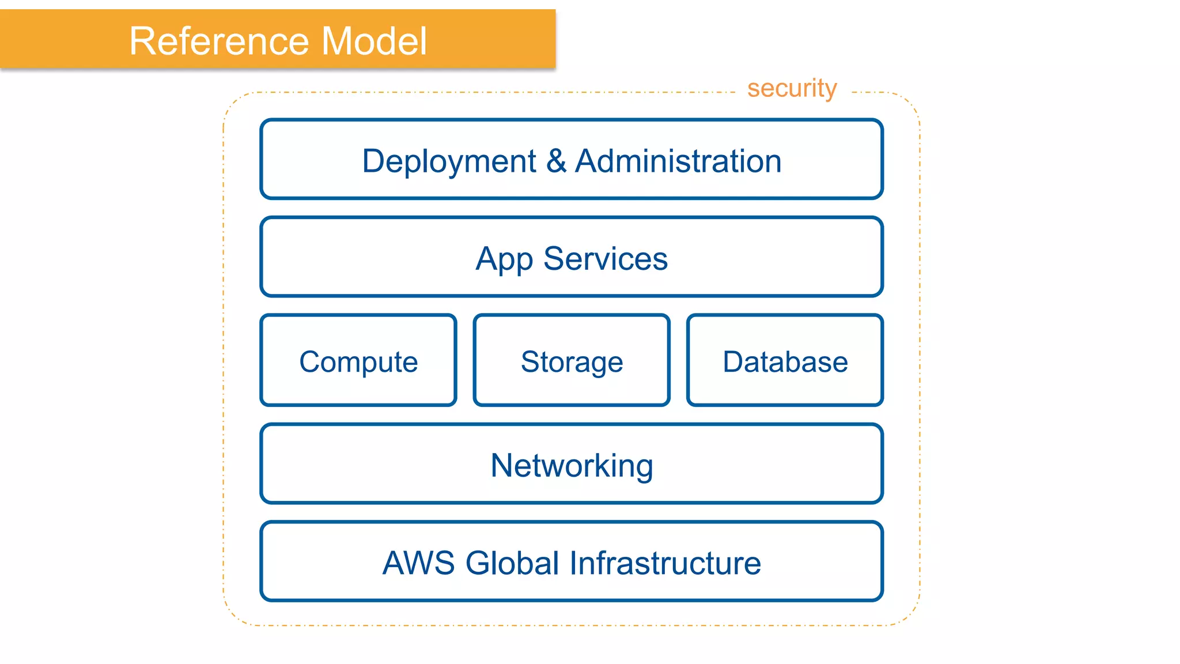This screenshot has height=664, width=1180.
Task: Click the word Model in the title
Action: (374, 41)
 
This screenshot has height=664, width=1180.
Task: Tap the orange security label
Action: (792, 89)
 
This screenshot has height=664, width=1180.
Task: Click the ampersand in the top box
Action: (556, 161)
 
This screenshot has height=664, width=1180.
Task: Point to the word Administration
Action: (678, 161)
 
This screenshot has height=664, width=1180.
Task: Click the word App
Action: (504, 259)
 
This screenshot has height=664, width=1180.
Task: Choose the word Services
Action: (606, 259)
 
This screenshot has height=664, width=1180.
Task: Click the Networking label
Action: (572, 465)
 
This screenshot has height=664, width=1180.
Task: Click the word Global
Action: (512, 563)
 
